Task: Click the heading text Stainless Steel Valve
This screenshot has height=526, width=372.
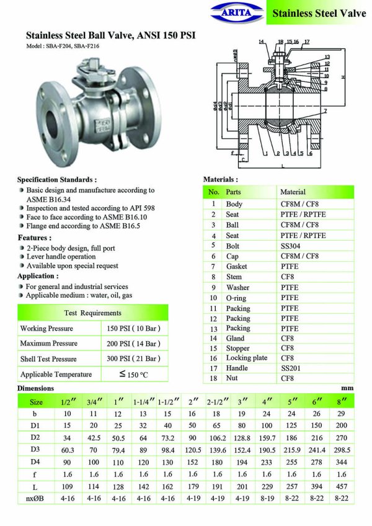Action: click(x=319, y=12)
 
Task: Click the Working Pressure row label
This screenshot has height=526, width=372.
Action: click(x=46, y=328)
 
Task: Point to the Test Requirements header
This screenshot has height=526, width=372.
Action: click(x=93, y=313)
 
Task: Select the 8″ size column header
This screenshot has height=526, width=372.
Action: click(x=339, y=402)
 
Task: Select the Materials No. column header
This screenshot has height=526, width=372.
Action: click(x=213, y=192)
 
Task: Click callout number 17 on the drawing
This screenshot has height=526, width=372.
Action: click(x=306, y=42)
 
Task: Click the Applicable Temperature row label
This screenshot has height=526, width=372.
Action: click(x=56, y=374)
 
